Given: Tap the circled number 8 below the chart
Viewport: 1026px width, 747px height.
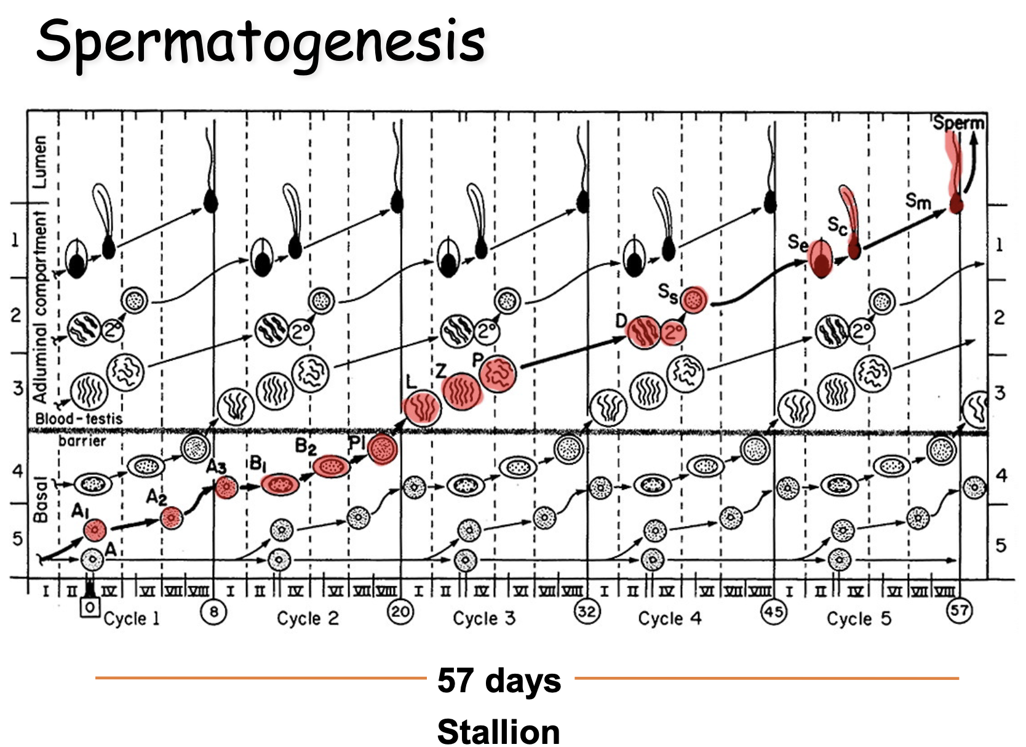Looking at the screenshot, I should (213, 612).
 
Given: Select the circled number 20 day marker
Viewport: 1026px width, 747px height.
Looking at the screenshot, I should (400, 612).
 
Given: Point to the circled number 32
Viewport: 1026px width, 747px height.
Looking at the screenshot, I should (587, 612).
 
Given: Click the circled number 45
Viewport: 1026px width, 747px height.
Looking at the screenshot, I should (773, 612).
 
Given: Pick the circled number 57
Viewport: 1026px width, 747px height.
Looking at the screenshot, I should (959, 611).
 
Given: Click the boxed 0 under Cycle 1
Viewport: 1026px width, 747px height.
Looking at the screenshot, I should (90, 608).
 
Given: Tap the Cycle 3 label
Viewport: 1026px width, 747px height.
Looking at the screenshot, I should (484, 618).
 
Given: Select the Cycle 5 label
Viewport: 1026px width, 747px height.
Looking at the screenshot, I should (859, 618).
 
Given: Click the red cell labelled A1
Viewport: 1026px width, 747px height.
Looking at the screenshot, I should (95, 529).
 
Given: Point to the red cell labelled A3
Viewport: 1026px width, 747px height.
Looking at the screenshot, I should (226, 487).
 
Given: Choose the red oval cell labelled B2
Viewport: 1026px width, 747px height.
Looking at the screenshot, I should (331, 466).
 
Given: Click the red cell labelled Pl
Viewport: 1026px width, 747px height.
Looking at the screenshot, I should (383, 449).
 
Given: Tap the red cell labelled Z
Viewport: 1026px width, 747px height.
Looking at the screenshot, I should (461, 391).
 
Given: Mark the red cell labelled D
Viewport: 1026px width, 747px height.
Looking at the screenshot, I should (643, 332).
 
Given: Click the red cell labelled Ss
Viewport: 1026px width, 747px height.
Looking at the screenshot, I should (694, 300).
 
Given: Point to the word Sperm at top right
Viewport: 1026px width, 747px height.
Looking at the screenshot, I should (958, 122).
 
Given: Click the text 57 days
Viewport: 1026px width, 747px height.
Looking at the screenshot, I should (499, 681).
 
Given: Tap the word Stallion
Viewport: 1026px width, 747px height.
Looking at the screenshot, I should (499, 732).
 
